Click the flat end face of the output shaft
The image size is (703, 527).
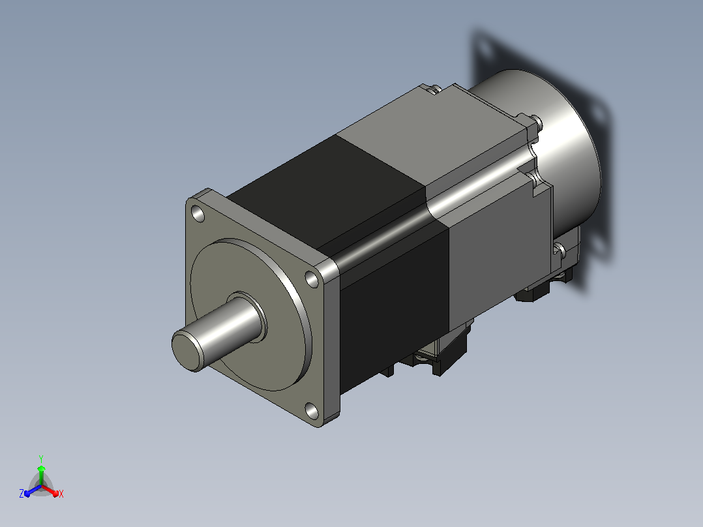pos(187,351)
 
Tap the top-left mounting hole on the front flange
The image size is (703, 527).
pos(198,213)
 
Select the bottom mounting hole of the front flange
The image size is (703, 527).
pos(312,411)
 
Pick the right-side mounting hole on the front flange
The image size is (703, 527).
pos(312,279)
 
